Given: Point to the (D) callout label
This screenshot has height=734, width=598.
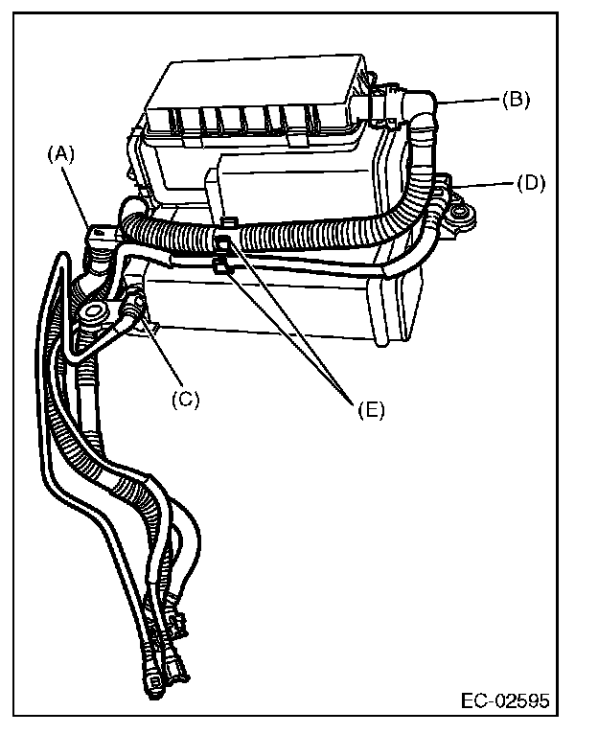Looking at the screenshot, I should point(529,182).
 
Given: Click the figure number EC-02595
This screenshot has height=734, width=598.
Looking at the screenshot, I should point(504,700).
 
